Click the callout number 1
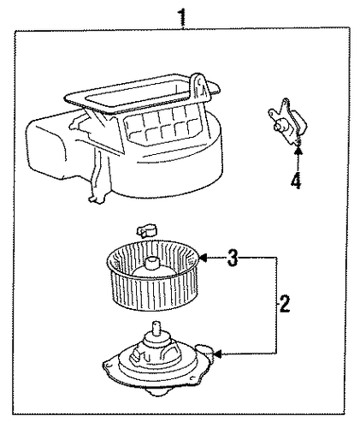point(183,17)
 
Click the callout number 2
point(284,304)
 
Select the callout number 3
point(233,258)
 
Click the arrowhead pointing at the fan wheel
point(202,258)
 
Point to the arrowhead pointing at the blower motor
point(217,354)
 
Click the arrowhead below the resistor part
point(298,151)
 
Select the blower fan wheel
point(152,276)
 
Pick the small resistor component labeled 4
point(286,122)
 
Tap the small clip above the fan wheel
point(146,230)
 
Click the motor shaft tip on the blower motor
point(156,324)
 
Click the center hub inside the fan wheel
point(152,265)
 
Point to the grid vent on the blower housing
point(162,126)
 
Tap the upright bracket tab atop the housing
point(199,88)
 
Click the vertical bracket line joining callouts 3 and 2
point(277,306)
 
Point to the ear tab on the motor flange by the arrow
point(204,349)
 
